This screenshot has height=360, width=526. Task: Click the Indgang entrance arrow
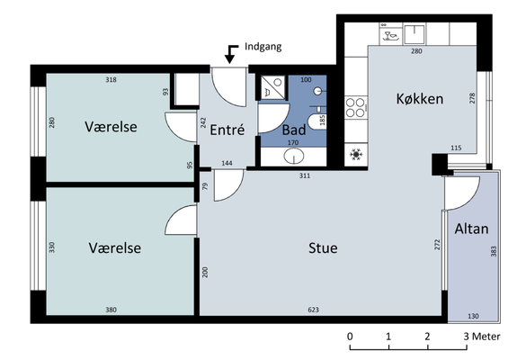230,54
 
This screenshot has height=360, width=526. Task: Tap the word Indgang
263,47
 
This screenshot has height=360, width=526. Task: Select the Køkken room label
420,99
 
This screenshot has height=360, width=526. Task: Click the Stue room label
323,247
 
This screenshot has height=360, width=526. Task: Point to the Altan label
471,229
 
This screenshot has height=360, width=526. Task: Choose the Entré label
227,130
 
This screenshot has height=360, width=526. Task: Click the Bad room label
294,130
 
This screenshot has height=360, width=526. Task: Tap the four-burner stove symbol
355,107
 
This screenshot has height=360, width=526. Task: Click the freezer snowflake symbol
356,154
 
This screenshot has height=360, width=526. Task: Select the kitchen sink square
415,33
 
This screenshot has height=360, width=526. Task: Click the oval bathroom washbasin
294,156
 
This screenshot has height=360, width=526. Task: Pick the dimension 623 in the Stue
313,310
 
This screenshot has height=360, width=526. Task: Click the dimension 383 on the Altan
493,251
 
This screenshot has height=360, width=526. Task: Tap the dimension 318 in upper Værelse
111,79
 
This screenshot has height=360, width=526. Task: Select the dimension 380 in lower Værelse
111,310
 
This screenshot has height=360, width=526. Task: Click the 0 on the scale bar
350,337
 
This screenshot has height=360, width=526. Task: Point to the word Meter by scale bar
486,337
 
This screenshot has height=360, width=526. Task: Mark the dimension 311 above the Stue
305,175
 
